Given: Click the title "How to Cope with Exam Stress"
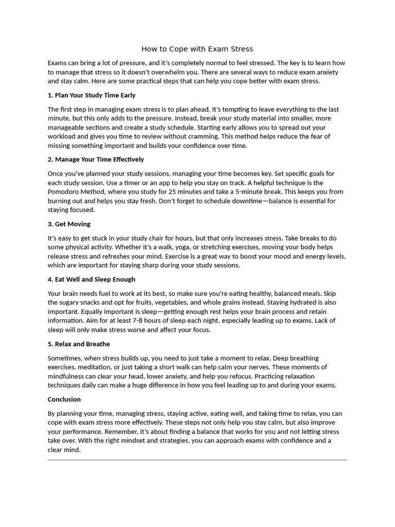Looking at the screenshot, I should tap(197, 49).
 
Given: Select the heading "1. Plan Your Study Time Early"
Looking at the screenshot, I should tap(92, 95).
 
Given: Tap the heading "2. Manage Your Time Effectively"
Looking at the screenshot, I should tap(96, 160).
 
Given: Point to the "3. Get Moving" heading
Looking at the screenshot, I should tap(69, 224).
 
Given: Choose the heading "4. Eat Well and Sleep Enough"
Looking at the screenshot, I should tap(92, 279).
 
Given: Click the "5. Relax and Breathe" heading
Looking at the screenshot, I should tap(79, 344).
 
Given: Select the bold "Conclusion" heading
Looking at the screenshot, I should tap(64, 399).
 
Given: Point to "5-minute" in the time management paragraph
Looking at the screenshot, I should tap(268, 192).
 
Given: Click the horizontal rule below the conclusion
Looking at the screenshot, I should tap(197, 460).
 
